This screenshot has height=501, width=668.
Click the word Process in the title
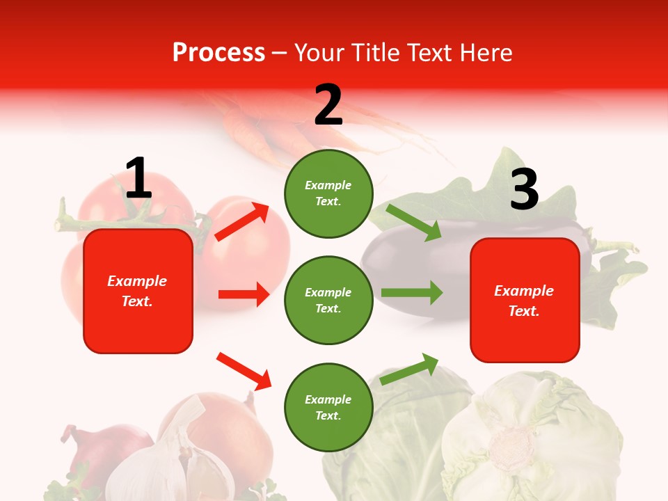tap(218, 53)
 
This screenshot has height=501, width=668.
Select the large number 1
tap(138, 179)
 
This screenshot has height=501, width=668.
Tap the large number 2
tap(328, 105)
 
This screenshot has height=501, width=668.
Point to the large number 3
tap(524, 189)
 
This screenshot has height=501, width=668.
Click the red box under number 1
tap(138, 291)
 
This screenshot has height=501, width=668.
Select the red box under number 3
tap(525, 300)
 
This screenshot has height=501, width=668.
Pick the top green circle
tap(328, 193)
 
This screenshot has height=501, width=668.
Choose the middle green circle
tap(328, 300)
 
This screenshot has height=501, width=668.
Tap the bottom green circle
tap(328, 407)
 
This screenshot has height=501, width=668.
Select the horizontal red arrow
tap(244, 294)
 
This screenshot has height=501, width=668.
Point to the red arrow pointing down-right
tap(244, 371)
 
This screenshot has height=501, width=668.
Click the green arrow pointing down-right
tap(414, 222)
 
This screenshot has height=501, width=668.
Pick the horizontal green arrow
tap(411, 292)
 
